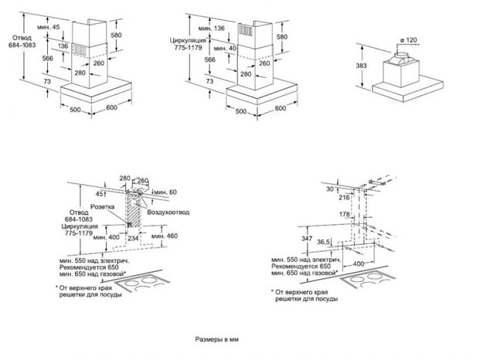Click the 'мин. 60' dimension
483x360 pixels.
[165, 190]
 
